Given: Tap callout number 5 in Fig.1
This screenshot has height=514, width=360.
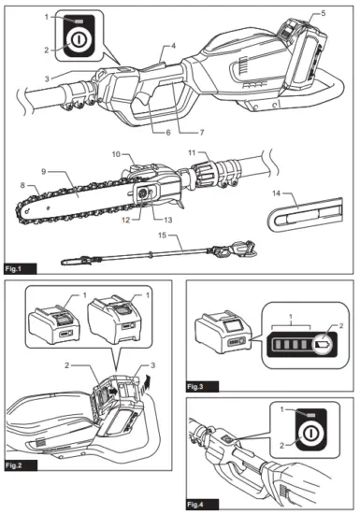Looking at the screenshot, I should pos(324,13).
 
